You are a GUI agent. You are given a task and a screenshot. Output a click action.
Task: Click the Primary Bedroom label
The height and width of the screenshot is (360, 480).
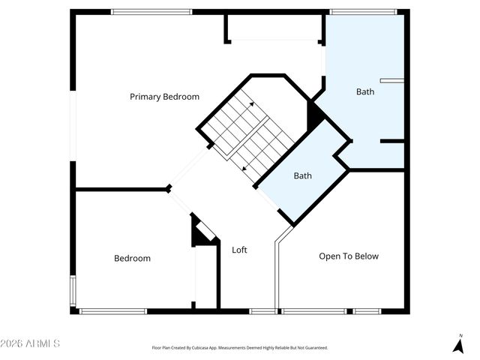coord(164,97)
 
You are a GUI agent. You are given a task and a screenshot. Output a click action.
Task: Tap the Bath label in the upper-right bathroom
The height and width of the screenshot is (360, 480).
coord(364,92)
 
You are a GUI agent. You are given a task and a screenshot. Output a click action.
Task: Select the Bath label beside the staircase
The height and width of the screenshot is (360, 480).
coord(302,176)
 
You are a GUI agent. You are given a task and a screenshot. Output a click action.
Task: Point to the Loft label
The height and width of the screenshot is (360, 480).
coord(239,250)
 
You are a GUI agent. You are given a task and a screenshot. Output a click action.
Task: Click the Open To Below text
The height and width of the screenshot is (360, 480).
coord(349,256)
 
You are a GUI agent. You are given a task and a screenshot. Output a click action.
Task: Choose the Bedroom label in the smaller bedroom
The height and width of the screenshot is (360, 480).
coord(132,258)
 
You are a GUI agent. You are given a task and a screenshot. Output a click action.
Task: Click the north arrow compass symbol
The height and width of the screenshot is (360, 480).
coord(458,346)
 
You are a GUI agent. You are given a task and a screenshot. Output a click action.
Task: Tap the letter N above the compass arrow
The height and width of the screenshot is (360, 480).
coord(460,335)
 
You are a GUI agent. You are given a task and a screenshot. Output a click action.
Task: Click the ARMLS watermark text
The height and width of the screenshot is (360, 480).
coord(31,343)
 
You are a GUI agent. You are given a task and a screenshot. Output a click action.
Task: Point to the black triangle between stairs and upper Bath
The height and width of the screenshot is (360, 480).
coord(315,116)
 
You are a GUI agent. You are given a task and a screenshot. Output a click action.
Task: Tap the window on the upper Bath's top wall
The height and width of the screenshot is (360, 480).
coord(363,11)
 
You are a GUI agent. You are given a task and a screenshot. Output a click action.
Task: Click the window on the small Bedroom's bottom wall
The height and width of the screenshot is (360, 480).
coord(112,311)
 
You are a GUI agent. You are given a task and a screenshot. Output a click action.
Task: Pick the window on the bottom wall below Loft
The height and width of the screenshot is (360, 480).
coord(262,311)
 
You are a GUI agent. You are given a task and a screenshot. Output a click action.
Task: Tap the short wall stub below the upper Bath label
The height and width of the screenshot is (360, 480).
coord(391,141)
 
